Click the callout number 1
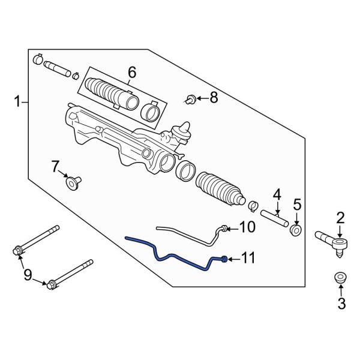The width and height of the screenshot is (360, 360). click(17, 103)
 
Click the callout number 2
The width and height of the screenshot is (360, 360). click(340, 217)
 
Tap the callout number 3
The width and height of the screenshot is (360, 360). click(341, 304)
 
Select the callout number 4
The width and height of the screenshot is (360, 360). click(277, 194)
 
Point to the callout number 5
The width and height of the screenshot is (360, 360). click(297, 206)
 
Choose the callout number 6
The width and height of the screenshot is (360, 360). click(131, 73)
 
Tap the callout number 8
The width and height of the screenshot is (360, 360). click(214, 98)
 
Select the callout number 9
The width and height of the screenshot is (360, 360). click(28, 275)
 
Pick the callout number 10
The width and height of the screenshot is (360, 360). click(248, 227)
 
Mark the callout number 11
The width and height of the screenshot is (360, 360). click(248, 259)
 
